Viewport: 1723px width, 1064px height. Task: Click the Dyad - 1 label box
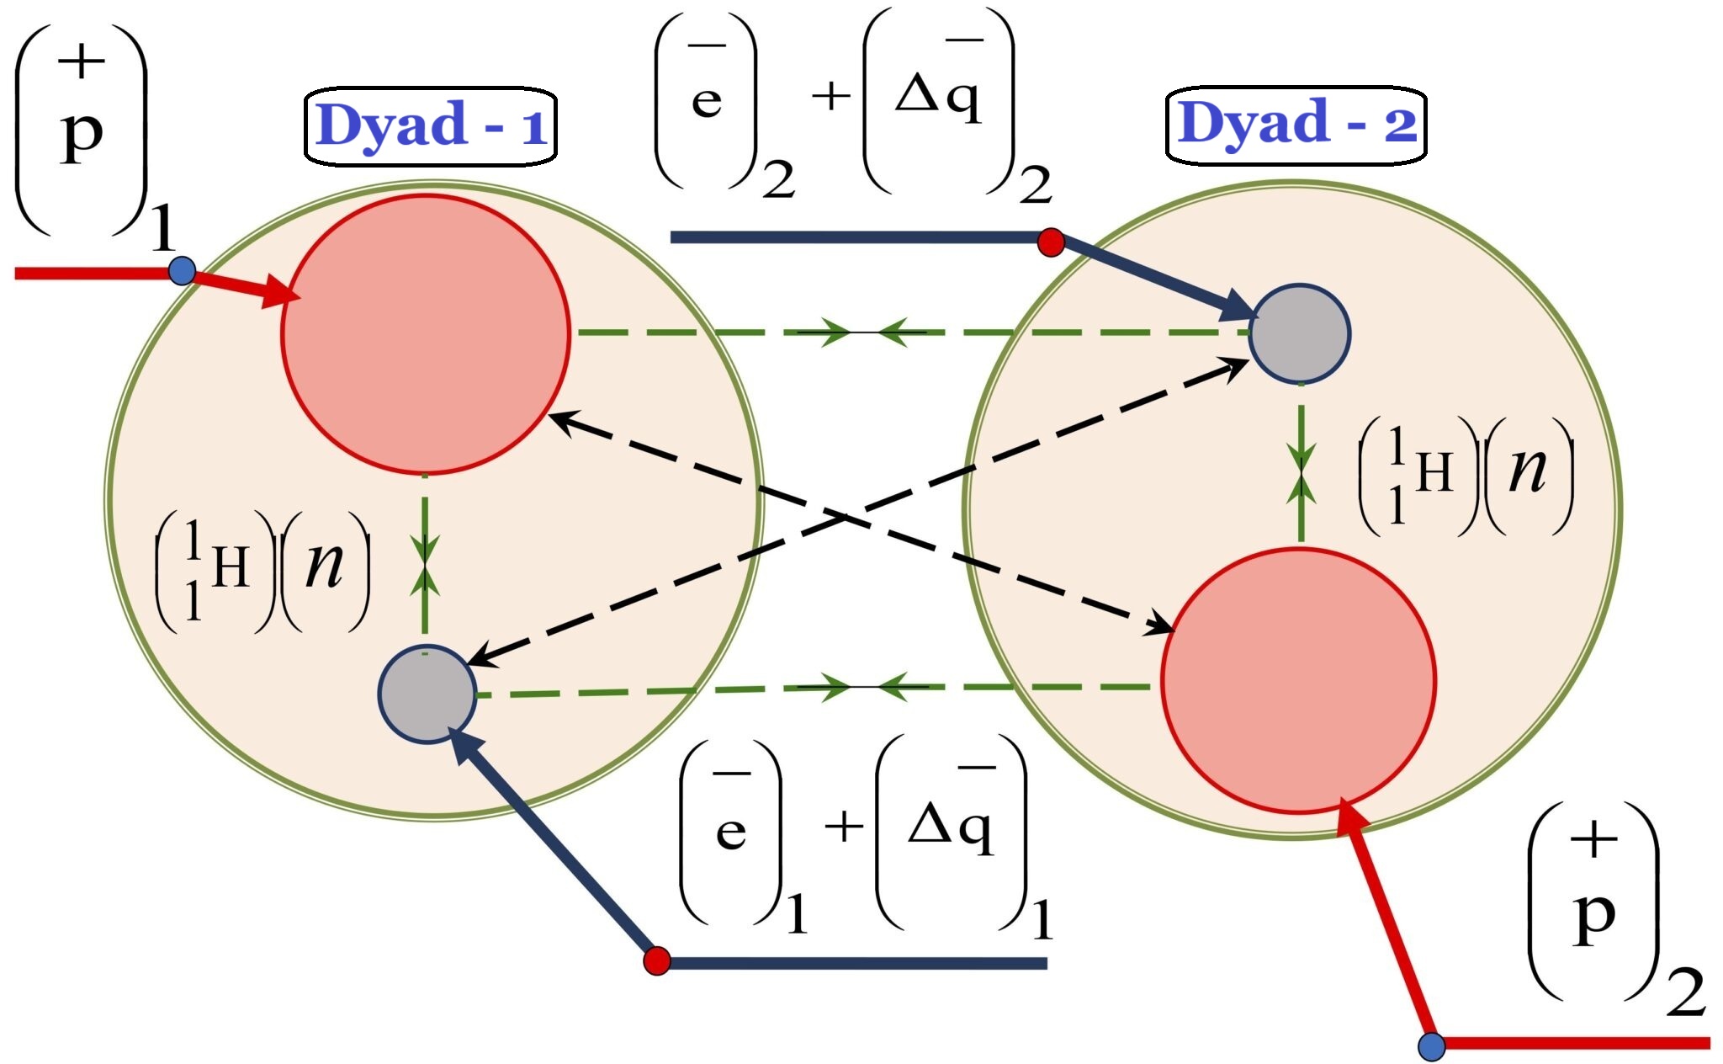430,126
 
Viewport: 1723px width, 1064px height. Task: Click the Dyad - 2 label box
1296,125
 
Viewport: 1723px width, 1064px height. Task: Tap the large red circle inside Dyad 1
426,333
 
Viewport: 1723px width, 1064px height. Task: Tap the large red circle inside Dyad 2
1298,680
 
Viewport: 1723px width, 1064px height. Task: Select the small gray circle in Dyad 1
427,694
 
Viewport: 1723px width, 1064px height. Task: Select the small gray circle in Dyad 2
1299,333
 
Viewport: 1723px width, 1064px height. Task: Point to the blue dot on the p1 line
182,271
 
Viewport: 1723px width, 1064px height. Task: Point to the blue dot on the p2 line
1431,1046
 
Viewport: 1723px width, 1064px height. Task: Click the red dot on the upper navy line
1051,242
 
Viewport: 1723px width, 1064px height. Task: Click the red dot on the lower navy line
656,960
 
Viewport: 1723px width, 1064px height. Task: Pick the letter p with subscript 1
82,135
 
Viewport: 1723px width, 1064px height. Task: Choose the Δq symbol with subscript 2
937,99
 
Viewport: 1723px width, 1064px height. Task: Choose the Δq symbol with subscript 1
951,830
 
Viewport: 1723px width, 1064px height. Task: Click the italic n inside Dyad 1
325,566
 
